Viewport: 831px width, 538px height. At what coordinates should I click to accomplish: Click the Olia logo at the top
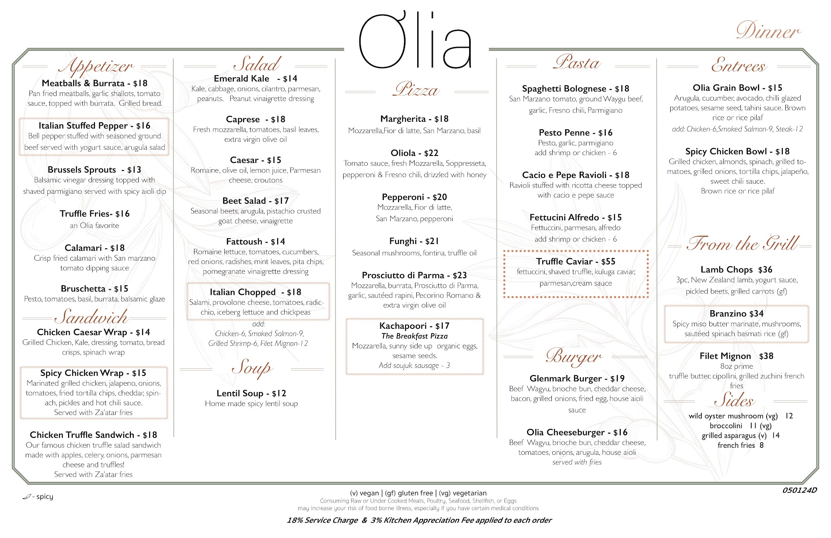click(x=415, y=42)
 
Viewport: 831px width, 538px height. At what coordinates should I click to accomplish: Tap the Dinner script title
click(x=768, y=31)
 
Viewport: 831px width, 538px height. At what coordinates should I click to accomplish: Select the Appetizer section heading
click(x=96, y=66)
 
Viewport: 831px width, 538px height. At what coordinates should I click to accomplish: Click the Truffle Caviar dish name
click(x=564, y=262)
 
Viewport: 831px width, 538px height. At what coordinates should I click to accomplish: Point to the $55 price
click(x=608, y=262)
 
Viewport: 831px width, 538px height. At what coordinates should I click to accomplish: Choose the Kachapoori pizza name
click(x=403, y=326)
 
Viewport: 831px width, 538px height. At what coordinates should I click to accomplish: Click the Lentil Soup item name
click(x=240, y=393)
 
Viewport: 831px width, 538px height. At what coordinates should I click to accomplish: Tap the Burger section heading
click(x=574, y=357)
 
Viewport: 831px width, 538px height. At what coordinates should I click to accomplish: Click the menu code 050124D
click(x=799, y=490)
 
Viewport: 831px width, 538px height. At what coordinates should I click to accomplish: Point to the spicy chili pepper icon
click(x=27, y=496)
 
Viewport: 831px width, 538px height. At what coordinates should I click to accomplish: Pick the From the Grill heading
click(x=742, y=244)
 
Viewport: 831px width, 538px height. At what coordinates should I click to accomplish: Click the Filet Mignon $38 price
click(x=766, y=356)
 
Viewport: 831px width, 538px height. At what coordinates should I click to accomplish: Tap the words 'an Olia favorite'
click(x=95, y=226)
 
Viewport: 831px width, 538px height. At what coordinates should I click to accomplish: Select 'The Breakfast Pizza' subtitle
click(x=414, y=336)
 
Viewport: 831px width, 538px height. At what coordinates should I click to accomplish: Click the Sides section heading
click(x=735, y=400)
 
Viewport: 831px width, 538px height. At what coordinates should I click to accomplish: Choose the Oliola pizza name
click(x=403, y=153)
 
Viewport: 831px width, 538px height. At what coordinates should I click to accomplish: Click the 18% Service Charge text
click(x=322, y=520)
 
